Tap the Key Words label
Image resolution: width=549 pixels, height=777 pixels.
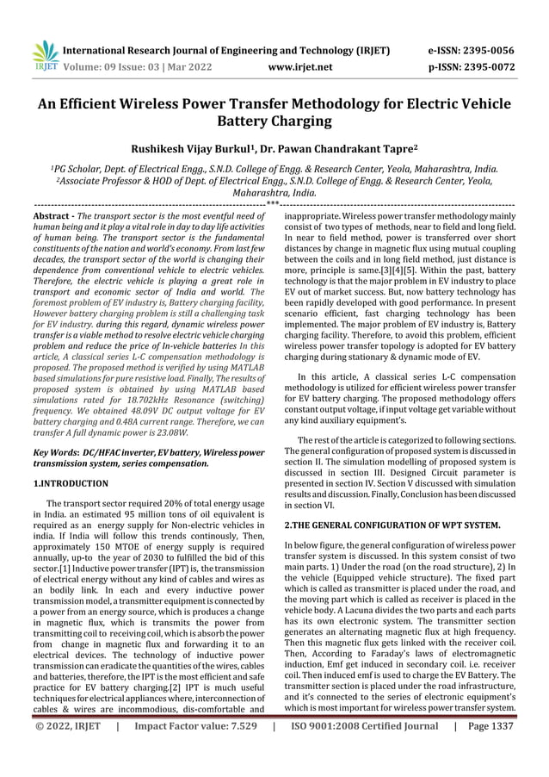(53, 451)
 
